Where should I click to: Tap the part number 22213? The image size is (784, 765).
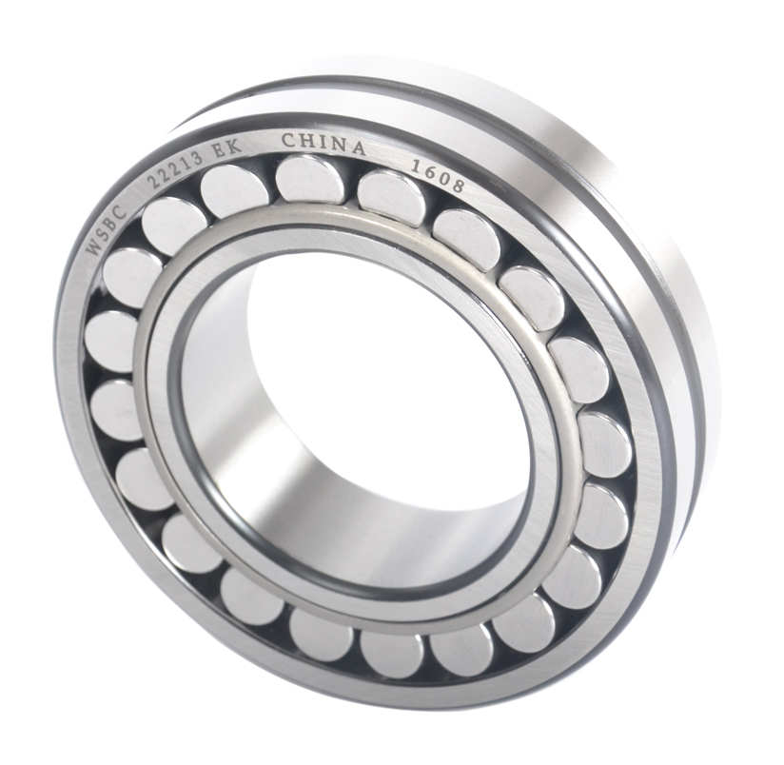(x=178, y=168)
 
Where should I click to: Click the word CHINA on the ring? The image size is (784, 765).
(x=323, y=143)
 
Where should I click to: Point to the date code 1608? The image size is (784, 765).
(x=438, y=176)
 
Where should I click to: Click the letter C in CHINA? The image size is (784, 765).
(x=288, y=140)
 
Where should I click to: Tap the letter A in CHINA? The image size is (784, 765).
(x=357, y=147)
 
